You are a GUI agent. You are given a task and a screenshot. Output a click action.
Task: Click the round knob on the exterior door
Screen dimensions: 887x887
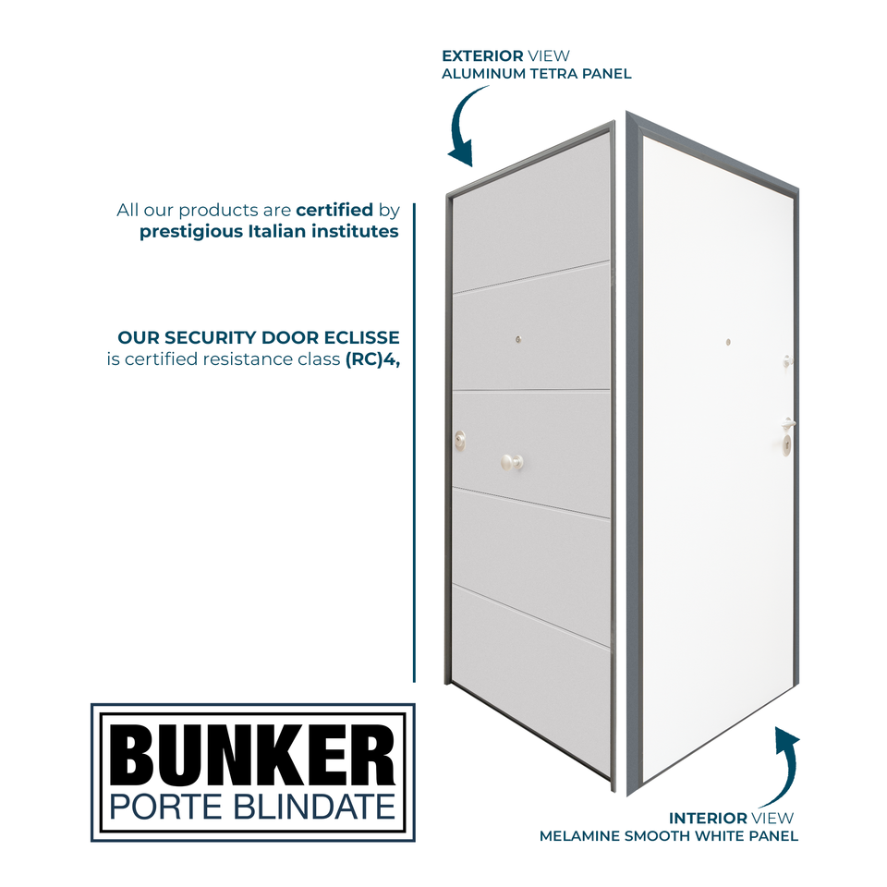(x=512, y=461)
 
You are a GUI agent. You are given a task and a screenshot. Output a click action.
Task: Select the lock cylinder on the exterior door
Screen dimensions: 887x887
(x=460, y=440)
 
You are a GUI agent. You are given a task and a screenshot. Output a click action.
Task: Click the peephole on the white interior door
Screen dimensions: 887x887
(x=728, y=343)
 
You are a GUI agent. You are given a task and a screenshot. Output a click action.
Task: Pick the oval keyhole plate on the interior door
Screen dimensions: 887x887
(x=786, y=446)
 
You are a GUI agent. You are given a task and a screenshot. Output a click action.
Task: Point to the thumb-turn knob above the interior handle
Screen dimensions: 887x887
(x=786, y=360)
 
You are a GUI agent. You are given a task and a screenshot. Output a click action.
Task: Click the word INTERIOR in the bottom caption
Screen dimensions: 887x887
(x=708, y=819)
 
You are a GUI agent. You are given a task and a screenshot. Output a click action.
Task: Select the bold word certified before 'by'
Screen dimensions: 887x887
(x=334, y=211)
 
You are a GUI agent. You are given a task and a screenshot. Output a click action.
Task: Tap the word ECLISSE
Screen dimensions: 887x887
(x=362, y=338)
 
